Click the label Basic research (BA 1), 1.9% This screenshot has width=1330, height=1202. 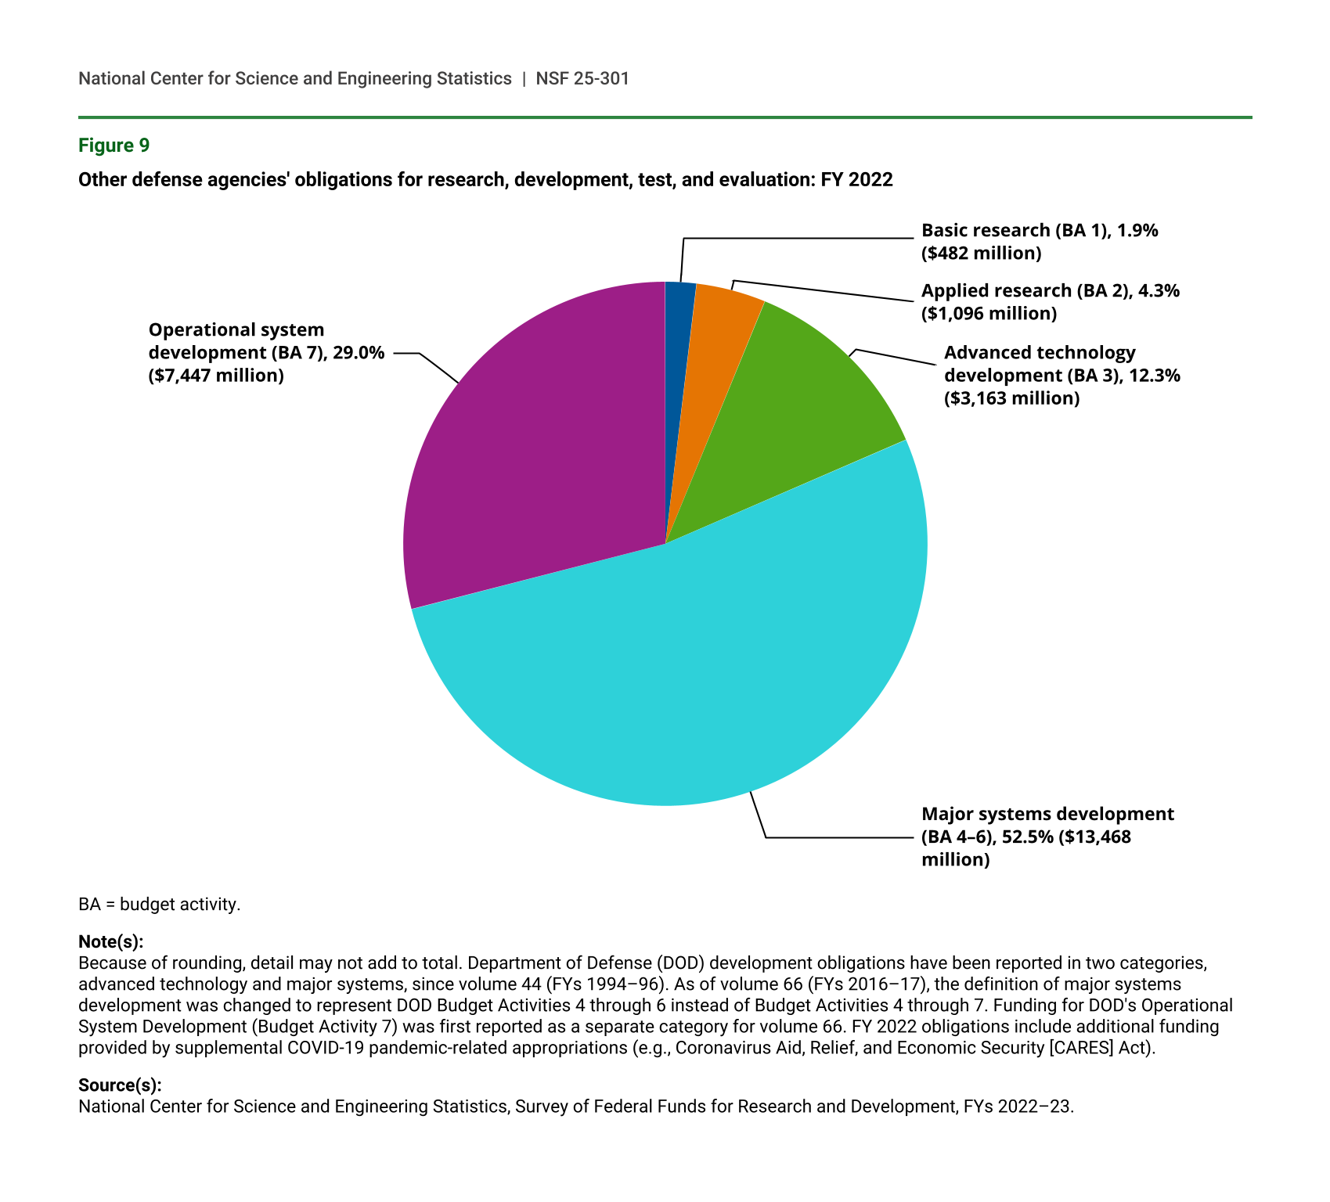pos(1039,230)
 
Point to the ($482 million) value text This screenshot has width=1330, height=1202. pos(981,253)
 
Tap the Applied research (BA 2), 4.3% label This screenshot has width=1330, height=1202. pos(1050,290)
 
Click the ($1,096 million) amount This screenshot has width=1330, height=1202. pos(989,313)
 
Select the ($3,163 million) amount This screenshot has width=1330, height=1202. pos(1011,398)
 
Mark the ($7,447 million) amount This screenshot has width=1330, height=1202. pos(216,376)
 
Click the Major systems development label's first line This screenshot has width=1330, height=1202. pos(1047,814)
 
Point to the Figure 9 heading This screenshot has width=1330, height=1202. pos(114,146)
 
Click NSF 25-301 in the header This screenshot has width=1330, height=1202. pos(582,78)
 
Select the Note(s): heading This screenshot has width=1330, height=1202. pos(111,941)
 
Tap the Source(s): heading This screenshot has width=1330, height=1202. pos(120,1085)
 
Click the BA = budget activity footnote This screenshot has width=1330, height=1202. pos(159,905)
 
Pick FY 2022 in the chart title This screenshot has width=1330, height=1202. pos(856,180)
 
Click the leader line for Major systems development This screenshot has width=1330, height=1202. pos(838,837)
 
